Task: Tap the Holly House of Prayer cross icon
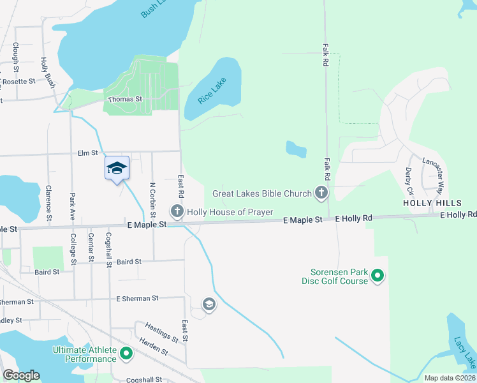pyautogui.click(x=177, y=211)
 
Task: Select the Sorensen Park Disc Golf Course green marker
pyautogui.click(x=378, y=276)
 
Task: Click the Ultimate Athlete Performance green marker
pyautogui.click(x=126, y=352)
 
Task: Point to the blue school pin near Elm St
pyautogui.click(x=117, y=169)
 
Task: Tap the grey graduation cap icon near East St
pyautogui.click(x=209, y=305)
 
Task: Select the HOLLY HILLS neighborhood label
pyautogui.click(x=427, y=202)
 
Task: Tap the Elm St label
pyautogui.click(x=87, y=153)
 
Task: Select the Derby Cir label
pyautogui.click(x=409, y=181)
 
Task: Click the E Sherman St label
pyautogui.click(x=137, y=298)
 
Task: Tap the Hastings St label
pyautogui.click(x=161, y=332)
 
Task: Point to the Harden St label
pyautogui.click(x=153, y=349)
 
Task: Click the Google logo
pyautogui.click(x=21, y=375)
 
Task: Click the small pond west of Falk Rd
pyautogui.click(x=296, y=149)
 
